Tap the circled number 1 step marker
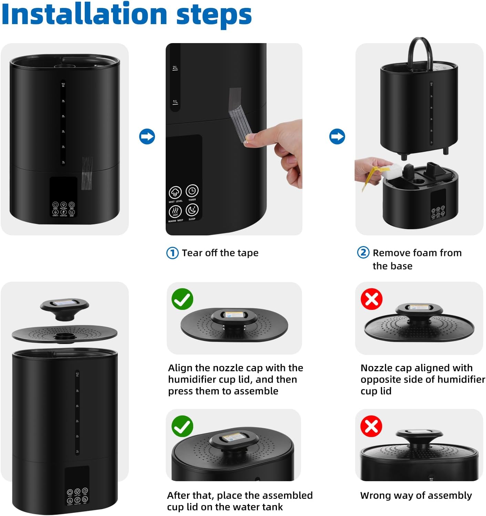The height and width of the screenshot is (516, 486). [172, 253]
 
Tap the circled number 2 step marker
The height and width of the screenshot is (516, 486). [363, 253]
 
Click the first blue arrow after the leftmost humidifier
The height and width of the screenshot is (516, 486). [147, 136]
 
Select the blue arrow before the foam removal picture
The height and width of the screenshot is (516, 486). [337, 136]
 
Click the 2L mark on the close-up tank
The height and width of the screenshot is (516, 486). [175, 68]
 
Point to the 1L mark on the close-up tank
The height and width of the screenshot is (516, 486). [175, 102]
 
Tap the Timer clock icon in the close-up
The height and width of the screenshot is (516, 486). [192, 191]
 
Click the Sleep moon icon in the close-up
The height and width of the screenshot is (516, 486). [192, 210]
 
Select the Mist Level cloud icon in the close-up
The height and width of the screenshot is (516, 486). [175, 193]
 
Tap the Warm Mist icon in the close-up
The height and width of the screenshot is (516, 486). [175, 211]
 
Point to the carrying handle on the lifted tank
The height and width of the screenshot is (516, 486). [420, 52]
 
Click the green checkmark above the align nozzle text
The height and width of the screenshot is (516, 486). [182, 299]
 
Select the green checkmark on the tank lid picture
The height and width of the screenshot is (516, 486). [182, 426]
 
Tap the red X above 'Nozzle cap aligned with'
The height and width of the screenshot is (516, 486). [371, 299]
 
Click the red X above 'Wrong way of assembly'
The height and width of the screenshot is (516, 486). [371, 426]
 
